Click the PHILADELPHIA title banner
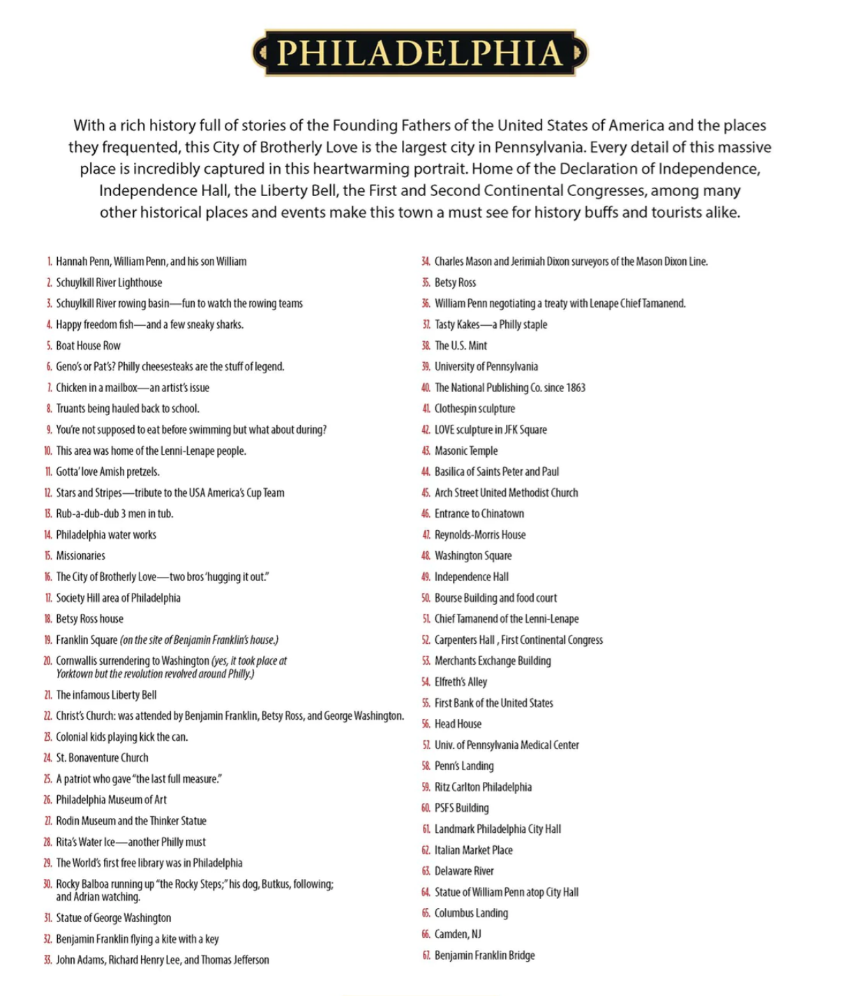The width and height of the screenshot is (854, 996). click(420, 52)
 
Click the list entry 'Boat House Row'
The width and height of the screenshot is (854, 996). click(88, 346)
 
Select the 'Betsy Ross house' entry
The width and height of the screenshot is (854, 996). click(89, 619)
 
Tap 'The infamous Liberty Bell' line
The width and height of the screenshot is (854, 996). click(106, 695)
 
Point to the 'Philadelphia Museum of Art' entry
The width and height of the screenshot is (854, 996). click(111, 800)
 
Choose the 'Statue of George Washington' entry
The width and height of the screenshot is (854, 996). click(113, 918)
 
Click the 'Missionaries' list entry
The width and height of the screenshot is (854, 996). click(80, 556)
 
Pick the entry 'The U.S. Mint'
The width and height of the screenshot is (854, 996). click(460, 346)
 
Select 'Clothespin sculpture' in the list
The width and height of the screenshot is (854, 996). click(474, 409)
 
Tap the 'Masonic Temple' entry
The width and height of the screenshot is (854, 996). click(466, 451)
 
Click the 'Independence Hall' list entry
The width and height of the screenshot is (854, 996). click(471, 577)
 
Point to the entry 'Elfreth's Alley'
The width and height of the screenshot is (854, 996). click(460, 682)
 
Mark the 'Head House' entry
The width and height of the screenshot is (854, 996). click(458, 724)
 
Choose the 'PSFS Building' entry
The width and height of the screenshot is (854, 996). click(461, 808)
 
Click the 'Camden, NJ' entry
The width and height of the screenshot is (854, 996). click(458, 934)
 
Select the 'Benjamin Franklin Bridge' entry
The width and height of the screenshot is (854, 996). click(484, 956)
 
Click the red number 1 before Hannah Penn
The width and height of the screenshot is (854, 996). click(50, 262)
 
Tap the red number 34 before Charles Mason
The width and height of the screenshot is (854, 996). click(425, 262)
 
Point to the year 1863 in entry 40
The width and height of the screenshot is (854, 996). click(576, 388)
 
